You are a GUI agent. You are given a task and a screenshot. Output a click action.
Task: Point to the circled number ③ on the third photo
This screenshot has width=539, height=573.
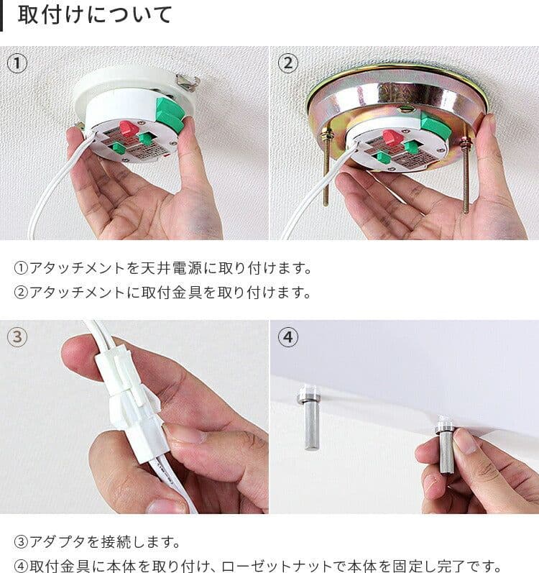(18, 337)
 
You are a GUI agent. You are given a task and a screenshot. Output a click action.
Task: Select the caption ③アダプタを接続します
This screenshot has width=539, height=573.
(97, 541)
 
